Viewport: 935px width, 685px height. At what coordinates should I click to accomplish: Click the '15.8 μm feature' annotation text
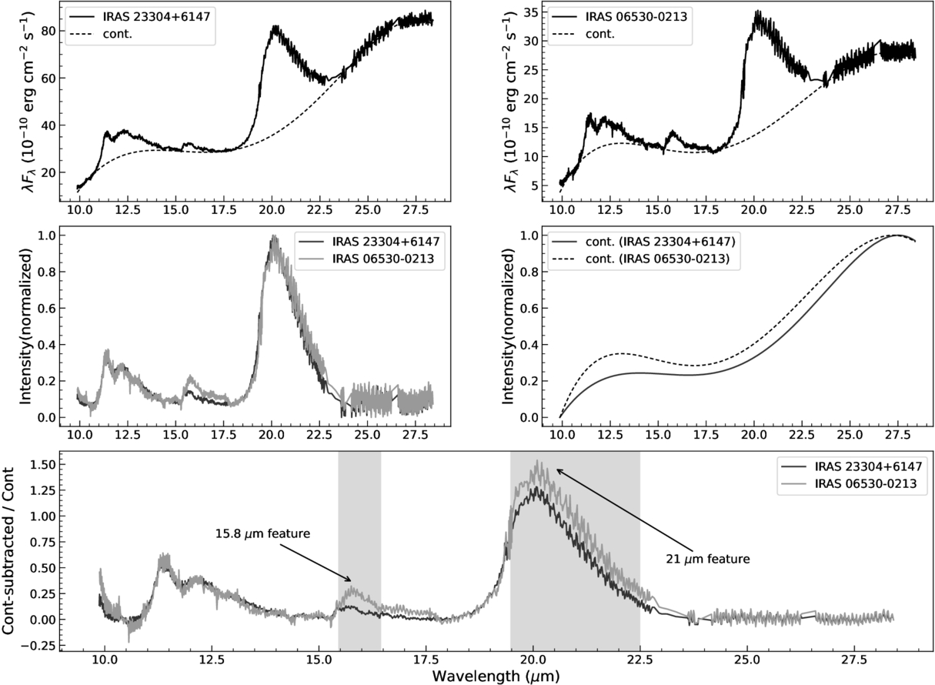pos(262,533)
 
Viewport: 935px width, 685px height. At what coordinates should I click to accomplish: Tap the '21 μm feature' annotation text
pos(708,559)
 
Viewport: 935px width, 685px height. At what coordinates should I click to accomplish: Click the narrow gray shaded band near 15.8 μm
pos(359,550)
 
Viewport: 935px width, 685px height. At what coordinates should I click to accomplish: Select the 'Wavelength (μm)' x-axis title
pos(496,676)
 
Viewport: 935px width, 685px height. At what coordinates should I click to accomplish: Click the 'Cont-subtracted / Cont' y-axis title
pos(8,550)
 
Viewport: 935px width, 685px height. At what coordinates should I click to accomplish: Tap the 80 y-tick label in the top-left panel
pos(48,32)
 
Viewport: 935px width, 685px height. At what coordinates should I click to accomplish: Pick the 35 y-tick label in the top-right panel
pos(530,12)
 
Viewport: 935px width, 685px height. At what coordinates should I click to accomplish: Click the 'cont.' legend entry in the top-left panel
pos(118,34)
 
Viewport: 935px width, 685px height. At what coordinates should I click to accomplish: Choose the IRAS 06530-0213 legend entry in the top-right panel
pos(636,17)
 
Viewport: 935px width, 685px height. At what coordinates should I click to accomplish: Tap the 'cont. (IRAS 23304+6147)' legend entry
pos(660,242)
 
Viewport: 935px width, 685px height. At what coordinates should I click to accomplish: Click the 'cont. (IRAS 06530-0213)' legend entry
pos(657,259)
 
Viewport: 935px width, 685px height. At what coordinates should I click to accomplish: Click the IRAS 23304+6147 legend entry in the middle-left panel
pos(386,242)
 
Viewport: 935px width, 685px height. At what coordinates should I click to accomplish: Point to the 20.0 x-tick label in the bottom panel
pos(533,660)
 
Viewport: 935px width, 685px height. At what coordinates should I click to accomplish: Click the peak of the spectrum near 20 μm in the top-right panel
pos(756,12)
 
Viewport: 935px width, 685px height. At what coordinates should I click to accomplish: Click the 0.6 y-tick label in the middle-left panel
pos(46,309)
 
